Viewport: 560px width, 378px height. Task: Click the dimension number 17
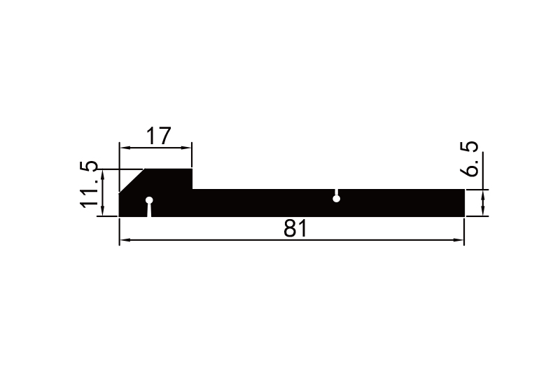[157, 136]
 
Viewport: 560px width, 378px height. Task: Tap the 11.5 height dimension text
[90, 184]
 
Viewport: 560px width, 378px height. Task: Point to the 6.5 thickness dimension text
[472, 159]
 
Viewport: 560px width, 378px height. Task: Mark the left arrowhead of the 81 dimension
[124, 241]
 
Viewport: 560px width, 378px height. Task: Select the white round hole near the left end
[148, 201]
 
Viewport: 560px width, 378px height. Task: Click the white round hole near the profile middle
[337, 199]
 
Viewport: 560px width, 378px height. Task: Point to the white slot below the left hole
[148, 211]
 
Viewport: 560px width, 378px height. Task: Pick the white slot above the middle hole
[337, 192]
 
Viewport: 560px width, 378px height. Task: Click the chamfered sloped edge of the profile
[132, 181]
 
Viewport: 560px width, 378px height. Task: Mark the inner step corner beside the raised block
[192, 189]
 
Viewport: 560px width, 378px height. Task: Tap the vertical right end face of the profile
[464, 202]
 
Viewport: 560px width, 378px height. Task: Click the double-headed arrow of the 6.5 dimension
[484, 203]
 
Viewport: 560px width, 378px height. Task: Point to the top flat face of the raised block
[168, 169]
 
